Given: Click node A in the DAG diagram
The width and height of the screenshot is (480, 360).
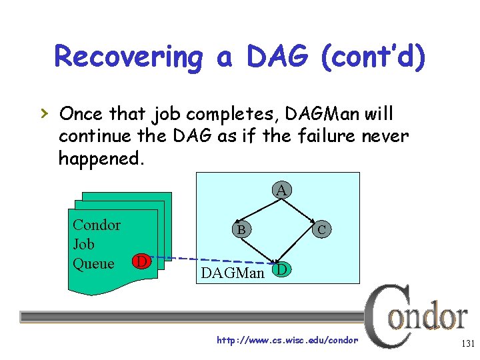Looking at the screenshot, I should tap(282, 191).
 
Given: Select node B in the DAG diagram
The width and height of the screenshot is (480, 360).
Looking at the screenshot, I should tap(241, 230).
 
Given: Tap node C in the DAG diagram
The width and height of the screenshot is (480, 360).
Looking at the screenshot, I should tap(321, 230).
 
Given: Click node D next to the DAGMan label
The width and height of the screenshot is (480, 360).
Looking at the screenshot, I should tap(282, 269).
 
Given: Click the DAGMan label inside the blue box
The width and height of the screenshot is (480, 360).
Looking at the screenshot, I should tap(233, 272).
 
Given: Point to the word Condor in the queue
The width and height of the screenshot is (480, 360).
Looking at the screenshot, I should tap(97, 225).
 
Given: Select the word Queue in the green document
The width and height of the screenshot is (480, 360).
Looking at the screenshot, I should tap(93, 263).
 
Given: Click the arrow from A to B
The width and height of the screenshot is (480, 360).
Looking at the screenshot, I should tap(259, 211).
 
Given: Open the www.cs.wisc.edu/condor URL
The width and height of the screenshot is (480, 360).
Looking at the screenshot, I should tap(287, 340).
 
